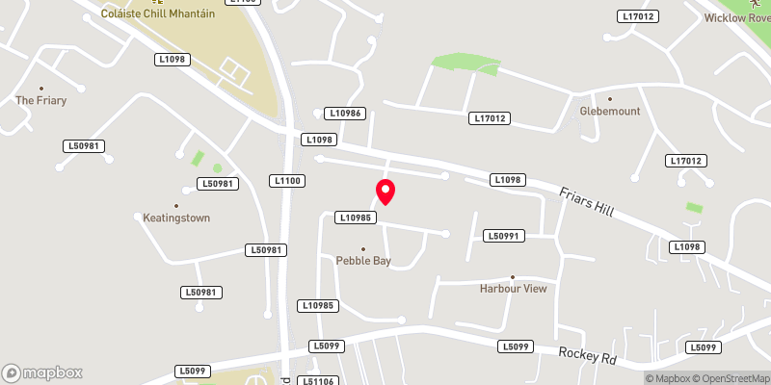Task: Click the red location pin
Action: click(385, 191)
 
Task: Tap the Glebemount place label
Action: click(609, 111)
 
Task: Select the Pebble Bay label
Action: click(363, 261)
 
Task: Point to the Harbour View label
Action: click(513, 289)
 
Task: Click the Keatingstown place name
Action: click(176, 218)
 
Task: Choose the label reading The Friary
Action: click(40, 100)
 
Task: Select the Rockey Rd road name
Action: click(588, 354)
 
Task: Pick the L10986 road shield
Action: click(346, 114)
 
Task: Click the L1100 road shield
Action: click(288, 180)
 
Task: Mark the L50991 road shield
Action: click(504, 236)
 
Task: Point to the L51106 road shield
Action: click(320, 381)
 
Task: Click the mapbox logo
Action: click(42, 372)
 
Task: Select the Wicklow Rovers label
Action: click(737, 18)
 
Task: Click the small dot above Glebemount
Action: click(609, 98)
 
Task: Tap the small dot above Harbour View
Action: click(513, 276)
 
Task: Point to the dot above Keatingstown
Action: click(176, 206)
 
